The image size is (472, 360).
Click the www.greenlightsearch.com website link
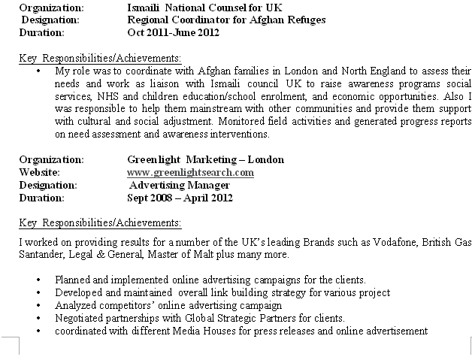click(190, 172)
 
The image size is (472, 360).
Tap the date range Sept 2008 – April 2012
click(180, 198)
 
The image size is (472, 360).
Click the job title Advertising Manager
click(180, 185)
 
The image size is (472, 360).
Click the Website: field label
click(39, 172)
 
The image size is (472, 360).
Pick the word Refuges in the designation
click(305, 20)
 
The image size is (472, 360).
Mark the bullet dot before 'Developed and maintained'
click(38, 292)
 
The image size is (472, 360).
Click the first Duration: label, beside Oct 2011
click(41, 33)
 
